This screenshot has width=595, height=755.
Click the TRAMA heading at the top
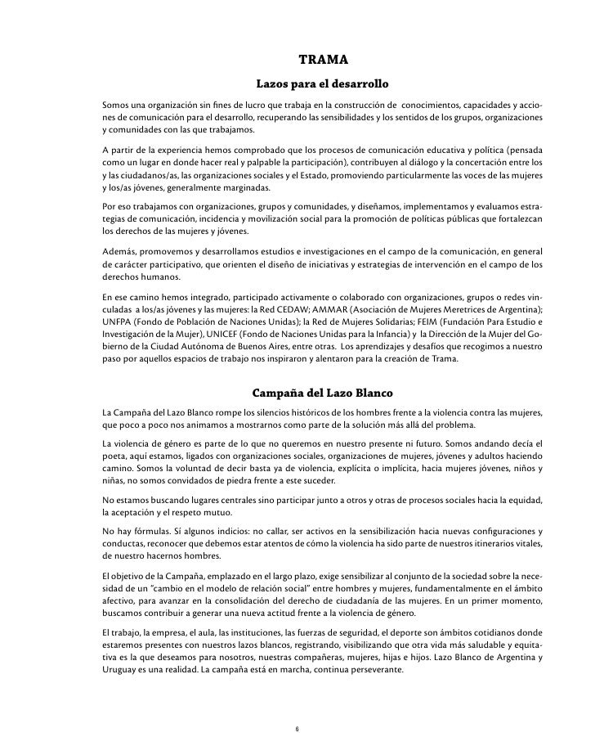324,60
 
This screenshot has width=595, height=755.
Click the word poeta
116,456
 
